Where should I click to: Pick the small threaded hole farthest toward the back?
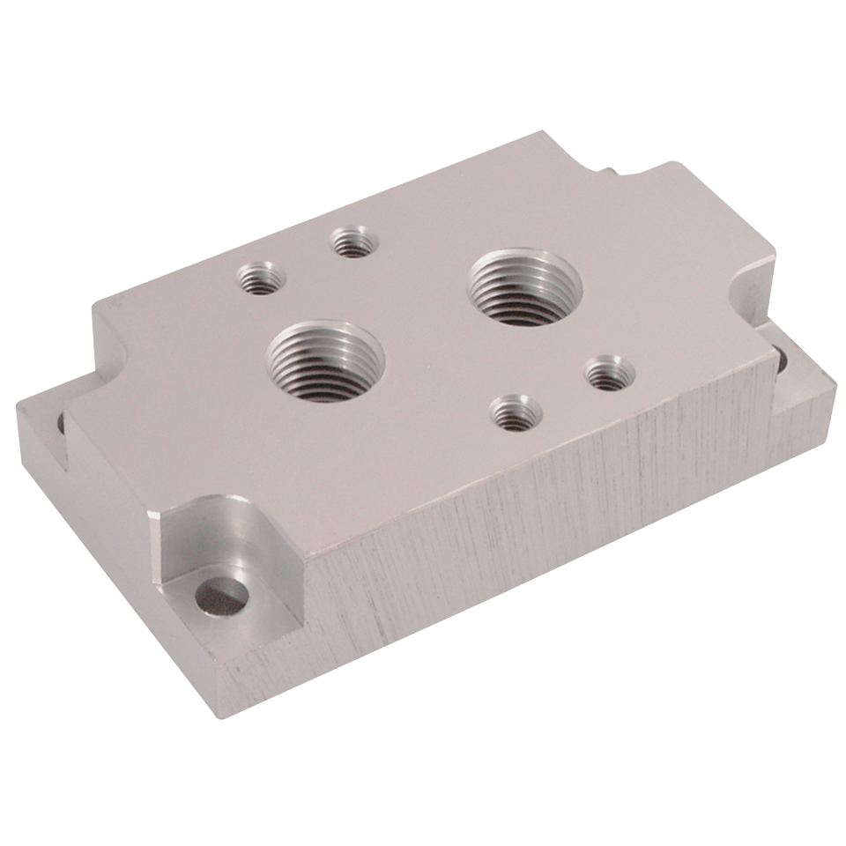[x=352, y=241]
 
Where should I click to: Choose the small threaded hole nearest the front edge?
[x=512, y=412]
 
